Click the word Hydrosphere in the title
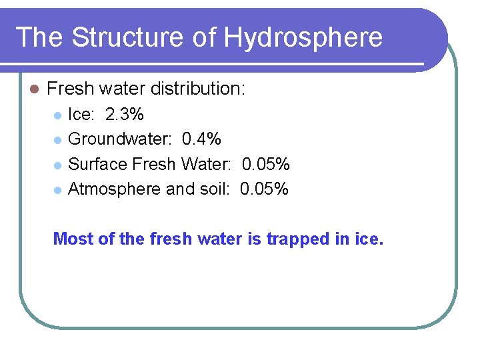pyautogui.click(x=303, y=37)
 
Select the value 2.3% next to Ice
pyautogui.click(x=125, y=115)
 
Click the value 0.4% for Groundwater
pyautogui.click(x=201, y=139)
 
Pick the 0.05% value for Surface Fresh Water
pyautogui.click(x=265, y=164)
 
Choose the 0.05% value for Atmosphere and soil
pyautogui.click(x=264, y=189)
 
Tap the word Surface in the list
pyautogui.click(x=98, y=164)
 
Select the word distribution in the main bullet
pyautogui.click(x=197, y=88)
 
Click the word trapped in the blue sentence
pyautogui.click(x=297, y=239)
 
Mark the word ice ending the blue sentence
pyautogui.click(x=368, y=239)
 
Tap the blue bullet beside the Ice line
pyautogui.click(x=58, y=115)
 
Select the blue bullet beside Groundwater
pyautogui.click(x=58, y=140)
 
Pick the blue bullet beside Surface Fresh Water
pyautogui.click(x=58, y=165)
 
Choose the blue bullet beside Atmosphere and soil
pyautogui.click(x=58, y=189)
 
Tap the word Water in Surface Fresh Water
pyautogui.click(x=205, y=164)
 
